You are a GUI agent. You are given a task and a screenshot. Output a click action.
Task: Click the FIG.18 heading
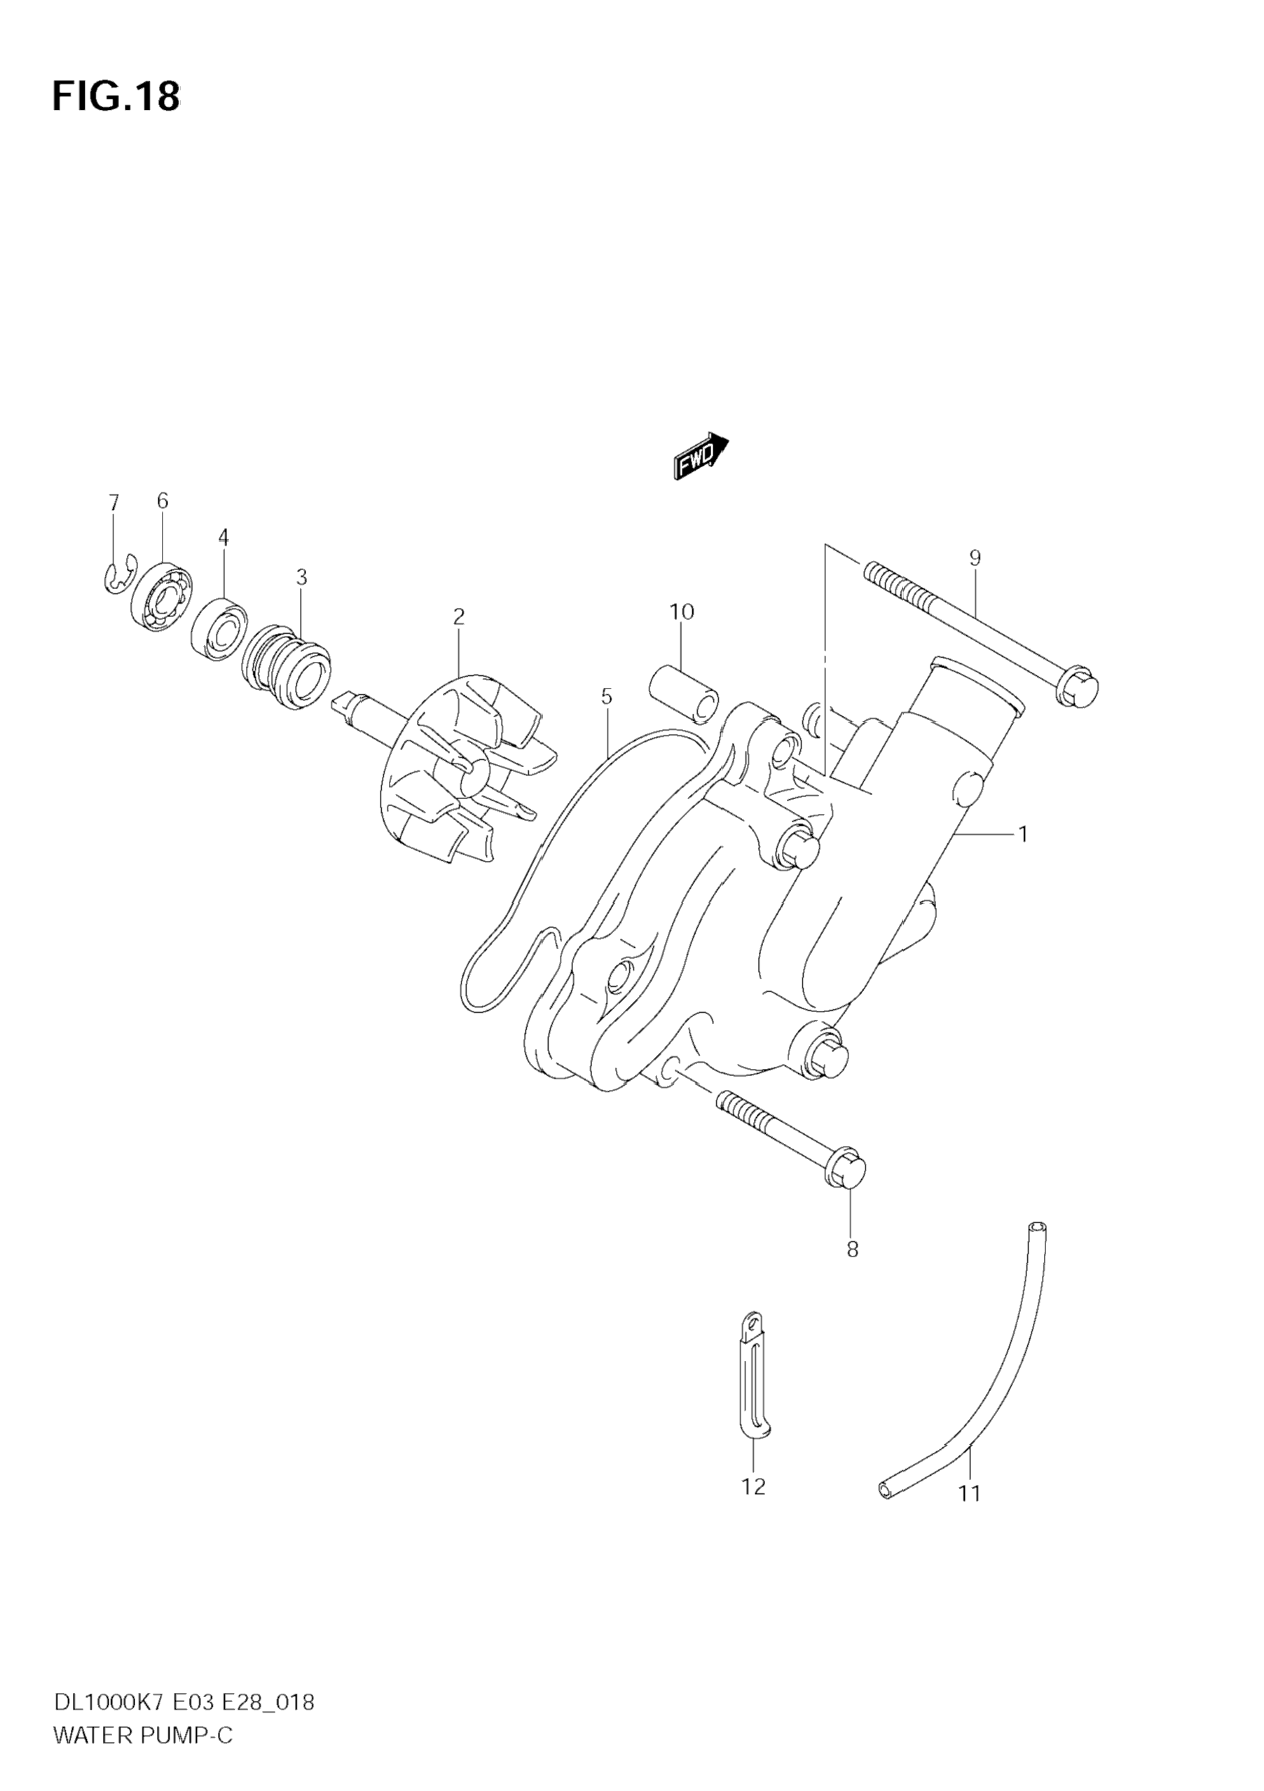pos(116,96)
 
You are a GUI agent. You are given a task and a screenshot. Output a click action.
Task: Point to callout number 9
pos(975,558)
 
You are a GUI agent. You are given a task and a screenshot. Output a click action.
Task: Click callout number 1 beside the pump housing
pos(1022,834)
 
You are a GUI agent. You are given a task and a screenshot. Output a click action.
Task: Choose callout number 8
pos(852,1250)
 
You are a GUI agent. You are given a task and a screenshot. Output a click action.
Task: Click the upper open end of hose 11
pos(1037,1227)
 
